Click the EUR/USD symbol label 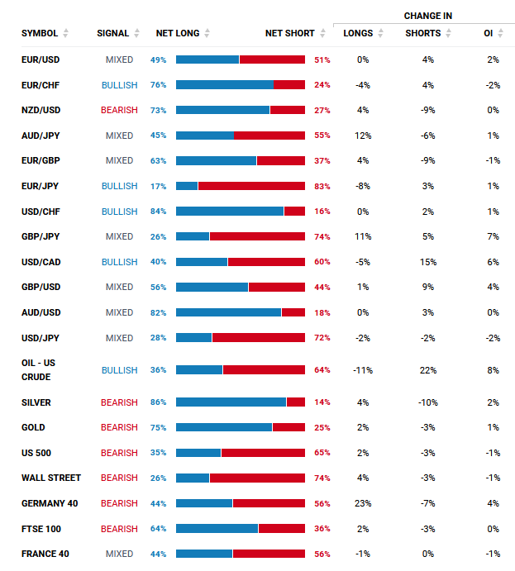[41, 59]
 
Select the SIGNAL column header [112, 33]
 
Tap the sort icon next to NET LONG [207, 33]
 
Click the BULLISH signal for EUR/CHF [119, 85]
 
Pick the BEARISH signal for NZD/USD [119, 110]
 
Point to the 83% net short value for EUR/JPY [322, 187]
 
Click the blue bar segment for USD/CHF [229, 212]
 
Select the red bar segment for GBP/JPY [257, 236]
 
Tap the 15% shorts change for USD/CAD [427, 262]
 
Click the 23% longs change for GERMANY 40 [363, 503]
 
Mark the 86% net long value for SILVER [159, 402]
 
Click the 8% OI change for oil [493, 370]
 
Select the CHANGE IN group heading [427, 16]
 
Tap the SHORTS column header [423, 33]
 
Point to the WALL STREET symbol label [51, 478]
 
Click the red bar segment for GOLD [288, 427]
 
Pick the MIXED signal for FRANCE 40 [119, 554]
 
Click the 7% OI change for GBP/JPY [493, 236]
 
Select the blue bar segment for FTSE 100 [217, 529]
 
